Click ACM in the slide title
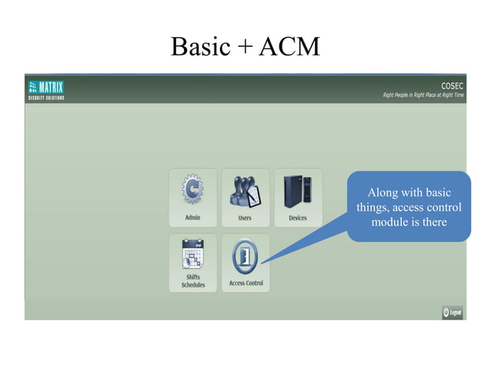[289, 47]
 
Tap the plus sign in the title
[242, 49]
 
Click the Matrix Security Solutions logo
[46, 89]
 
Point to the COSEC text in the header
[452, 85]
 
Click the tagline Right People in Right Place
[423, 96]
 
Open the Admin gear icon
[192, 191]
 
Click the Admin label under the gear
[192, 218]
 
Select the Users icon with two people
[245, 191]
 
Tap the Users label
[245, 218]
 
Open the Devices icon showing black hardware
[297, 191]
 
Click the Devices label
[297, 218]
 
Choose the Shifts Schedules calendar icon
[192, 253]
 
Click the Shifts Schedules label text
[192, 280]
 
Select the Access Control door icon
[245, 256]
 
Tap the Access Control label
[245, 283]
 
